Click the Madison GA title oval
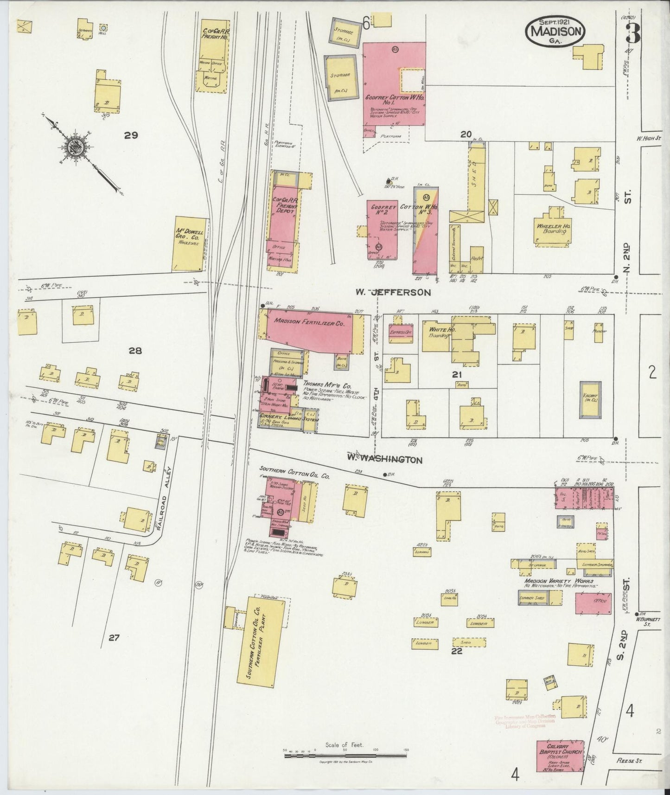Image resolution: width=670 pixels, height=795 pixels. pos(555,32)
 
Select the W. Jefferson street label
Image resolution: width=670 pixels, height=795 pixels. pos(393,293)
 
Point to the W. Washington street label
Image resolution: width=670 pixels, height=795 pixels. pos(385,459)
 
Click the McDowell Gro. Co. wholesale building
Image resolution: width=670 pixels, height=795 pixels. pos(190,244)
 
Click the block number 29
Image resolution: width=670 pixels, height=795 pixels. pos(131,135)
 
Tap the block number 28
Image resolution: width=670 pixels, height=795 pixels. pos(135,351)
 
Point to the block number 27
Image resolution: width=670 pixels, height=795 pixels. pos(114,638)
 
